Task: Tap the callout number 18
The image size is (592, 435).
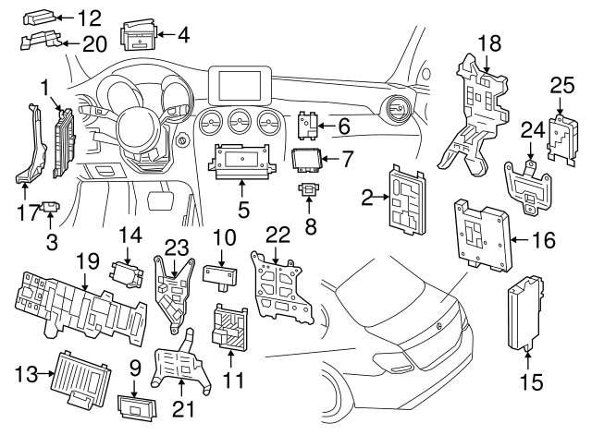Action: tap(489, 42)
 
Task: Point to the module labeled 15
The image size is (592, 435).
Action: tap(524, 312)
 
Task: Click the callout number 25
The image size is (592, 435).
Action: tap(562, 87)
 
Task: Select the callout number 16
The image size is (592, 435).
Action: tap(544, 240)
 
